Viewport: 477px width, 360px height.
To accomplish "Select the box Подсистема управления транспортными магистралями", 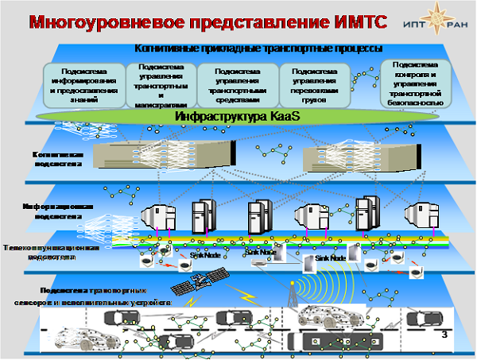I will coord(161,83).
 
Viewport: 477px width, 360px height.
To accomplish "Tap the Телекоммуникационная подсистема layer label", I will coord(50,252).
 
